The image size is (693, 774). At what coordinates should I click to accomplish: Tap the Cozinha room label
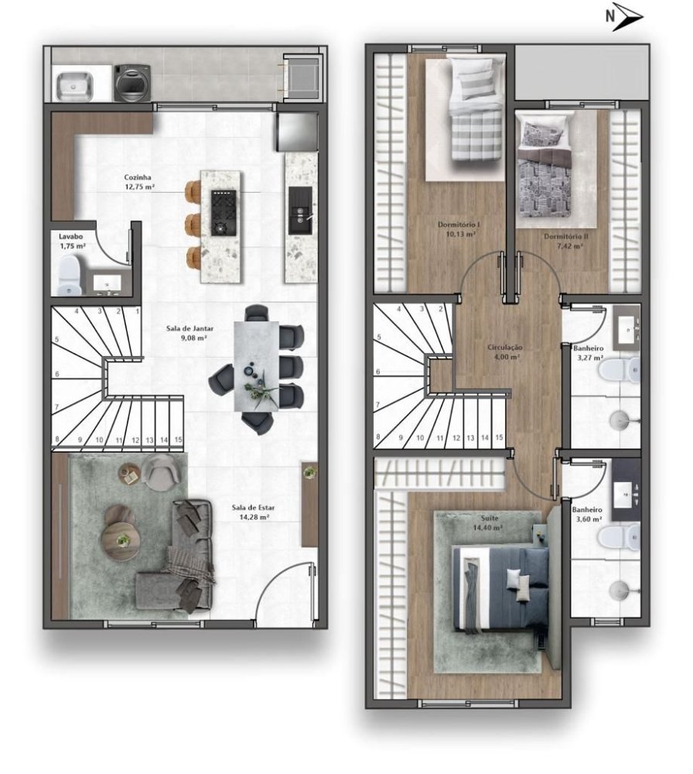(138, 177)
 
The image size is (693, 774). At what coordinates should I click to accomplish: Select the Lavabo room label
(70, 237)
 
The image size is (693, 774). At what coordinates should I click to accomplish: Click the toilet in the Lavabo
(69, 276)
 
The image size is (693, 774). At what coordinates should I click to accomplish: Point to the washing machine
(132, 83)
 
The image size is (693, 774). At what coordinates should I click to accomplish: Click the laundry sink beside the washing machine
(74, 86)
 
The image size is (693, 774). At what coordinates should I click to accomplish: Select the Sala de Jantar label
(190, 328)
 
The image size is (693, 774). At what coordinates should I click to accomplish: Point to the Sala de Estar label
(253, 508)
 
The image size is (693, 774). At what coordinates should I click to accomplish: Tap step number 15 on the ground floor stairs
(178, 440)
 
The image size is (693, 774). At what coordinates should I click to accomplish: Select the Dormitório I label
(459, 225)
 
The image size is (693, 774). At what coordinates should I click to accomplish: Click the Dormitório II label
(566, 236)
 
